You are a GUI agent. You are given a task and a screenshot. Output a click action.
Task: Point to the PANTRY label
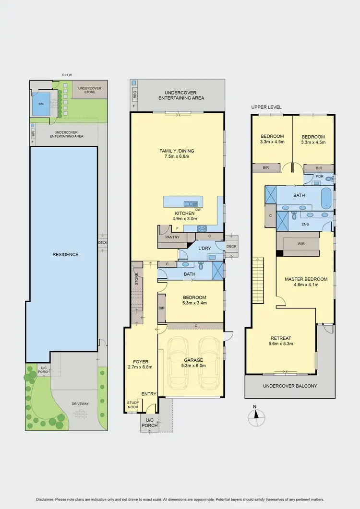172,237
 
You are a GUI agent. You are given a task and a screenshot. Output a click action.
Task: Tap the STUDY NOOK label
132,405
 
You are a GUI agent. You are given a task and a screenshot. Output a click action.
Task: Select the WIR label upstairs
301,244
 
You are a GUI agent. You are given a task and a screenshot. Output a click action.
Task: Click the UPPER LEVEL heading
266,107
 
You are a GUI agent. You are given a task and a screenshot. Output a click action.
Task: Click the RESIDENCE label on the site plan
65,254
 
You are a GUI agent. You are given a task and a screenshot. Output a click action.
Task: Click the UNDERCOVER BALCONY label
290,386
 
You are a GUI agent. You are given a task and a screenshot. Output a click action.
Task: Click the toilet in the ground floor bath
201,266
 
